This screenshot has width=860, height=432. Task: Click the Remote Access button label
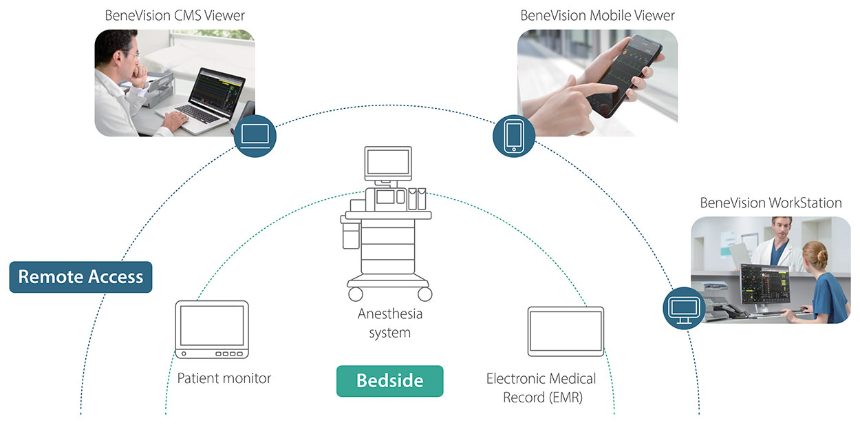tap(80, 277)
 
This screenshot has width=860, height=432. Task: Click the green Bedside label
tap(389, 380)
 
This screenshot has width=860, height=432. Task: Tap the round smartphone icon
tap(514, 135)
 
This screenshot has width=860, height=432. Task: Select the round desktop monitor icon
tap(684, 307)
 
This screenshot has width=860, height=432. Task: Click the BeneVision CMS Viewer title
tap(175, 15)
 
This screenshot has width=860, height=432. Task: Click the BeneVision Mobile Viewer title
tap(597, 15)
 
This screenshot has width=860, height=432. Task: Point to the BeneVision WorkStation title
tap(771, 203)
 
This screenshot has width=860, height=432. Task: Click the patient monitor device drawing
tap(211, 329)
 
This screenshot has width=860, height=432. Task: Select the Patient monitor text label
tap(224, 378)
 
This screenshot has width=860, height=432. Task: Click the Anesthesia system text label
tap(389, 323)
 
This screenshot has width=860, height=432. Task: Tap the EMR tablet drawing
tap(566, 331)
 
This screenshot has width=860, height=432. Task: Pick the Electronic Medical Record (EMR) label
tap(541, 388)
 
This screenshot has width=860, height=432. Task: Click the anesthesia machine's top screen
tap(388, 162)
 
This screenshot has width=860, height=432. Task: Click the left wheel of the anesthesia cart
tap(356, 294)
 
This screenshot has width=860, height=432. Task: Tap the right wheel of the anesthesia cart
tap(424, 294)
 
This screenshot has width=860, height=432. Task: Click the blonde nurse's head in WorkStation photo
tap(816, 256)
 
